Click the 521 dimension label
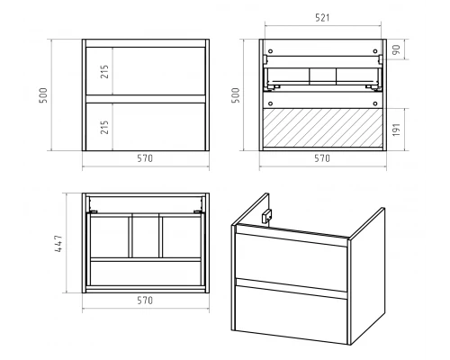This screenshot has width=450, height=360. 322,18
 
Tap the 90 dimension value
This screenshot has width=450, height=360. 396,49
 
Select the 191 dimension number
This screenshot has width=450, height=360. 396,130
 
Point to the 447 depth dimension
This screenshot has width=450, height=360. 58,243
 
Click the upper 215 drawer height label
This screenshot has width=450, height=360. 104,71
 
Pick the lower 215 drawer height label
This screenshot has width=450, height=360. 104,127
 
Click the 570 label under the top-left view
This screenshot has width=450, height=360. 145,158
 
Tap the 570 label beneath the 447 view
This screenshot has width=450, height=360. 145,300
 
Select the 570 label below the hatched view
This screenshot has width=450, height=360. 322,158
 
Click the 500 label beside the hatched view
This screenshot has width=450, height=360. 236,95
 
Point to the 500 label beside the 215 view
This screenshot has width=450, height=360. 43,95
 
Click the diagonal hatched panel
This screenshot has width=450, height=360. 323,128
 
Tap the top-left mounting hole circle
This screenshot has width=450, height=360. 270,51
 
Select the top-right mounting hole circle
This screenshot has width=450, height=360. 375,51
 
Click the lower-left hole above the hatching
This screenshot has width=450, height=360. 270,103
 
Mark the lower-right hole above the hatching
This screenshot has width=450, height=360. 375,103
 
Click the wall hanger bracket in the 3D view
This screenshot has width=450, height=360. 266,216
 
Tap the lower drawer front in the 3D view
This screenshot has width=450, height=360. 291,314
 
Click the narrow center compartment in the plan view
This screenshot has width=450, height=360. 146,237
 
